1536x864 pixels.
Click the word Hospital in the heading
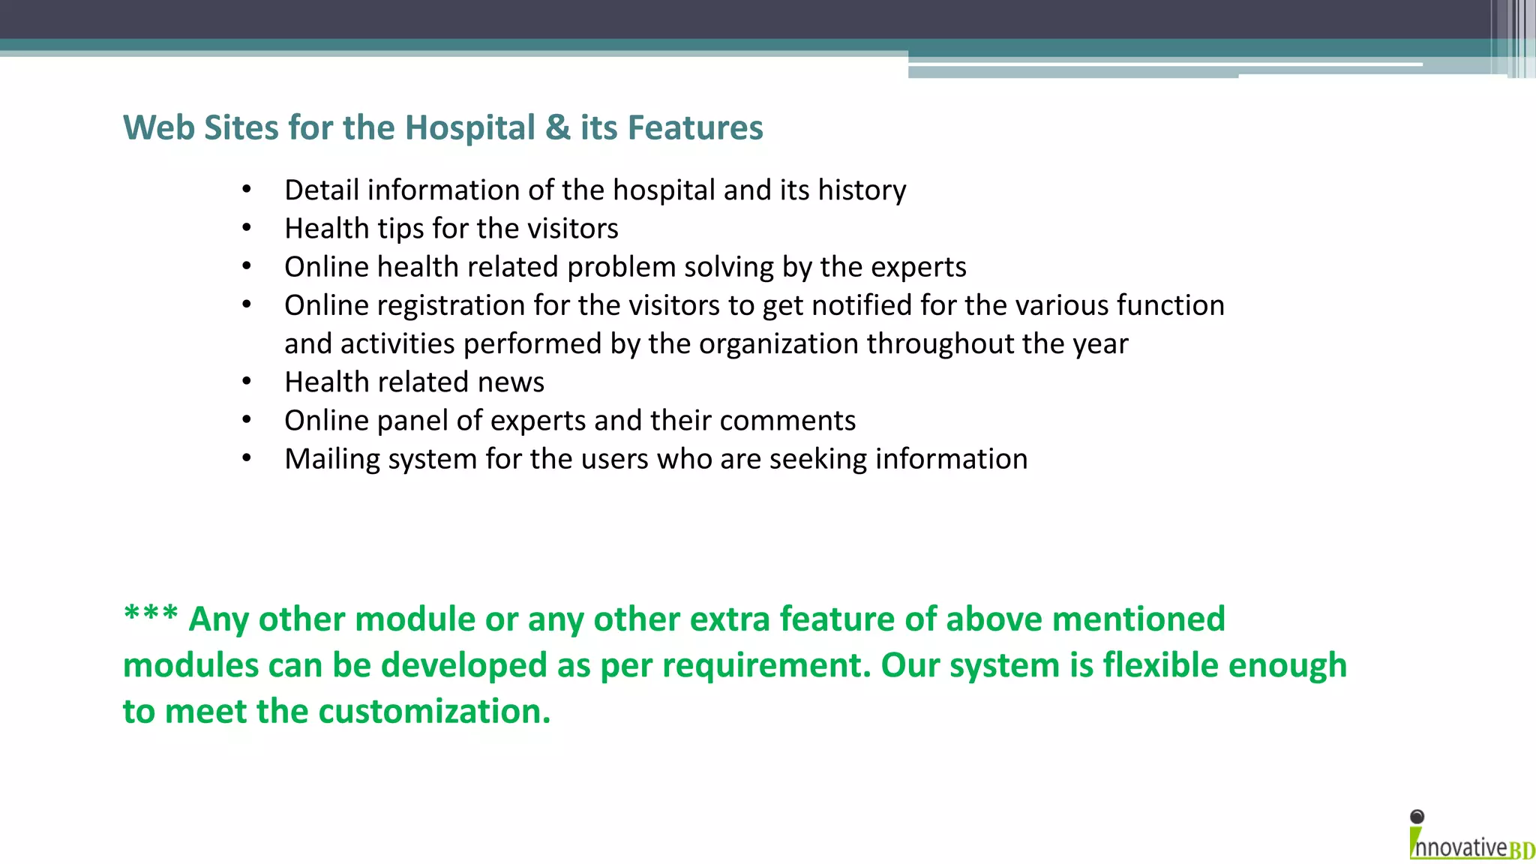coord(469,127)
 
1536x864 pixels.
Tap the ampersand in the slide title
coord(558,127)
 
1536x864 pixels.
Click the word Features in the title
coord(694,127)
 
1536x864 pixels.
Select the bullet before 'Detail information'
coord(247,190)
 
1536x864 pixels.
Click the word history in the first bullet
coord(862,190)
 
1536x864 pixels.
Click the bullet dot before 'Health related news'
coord(247,382)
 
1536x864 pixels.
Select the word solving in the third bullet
coord(729,267)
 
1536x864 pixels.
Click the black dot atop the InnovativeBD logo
coord(1417,817)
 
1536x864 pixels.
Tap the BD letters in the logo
coord(1522,850)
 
